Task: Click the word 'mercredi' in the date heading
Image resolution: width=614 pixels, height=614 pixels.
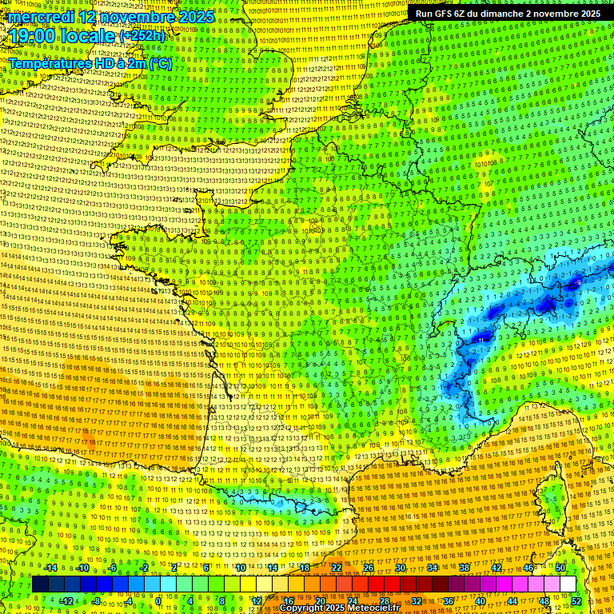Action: (x=42, y=17)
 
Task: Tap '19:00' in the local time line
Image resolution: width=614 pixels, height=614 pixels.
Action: (x=36, y=37)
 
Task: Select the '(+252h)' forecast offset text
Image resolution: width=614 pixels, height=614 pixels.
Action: (x=142, y=36)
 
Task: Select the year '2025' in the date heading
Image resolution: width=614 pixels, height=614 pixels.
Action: (x=196, y=17)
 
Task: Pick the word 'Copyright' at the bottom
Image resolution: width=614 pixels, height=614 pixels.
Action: (x=305, y=608)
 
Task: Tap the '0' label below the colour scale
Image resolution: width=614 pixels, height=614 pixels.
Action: (x=158, y=600)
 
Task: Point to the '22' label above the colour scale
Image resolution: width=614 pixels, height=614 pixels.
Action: (x=337, y=568)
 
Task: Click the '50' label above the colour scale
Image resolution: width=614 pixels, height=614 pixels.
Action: (x=560, y=568)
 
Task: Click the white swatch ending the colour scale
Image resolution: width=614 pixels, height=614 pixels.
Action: (x=568, y=584)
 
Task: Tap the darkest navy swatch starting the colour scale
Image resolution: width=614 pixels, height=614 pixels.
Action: (x=40, y=584)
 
